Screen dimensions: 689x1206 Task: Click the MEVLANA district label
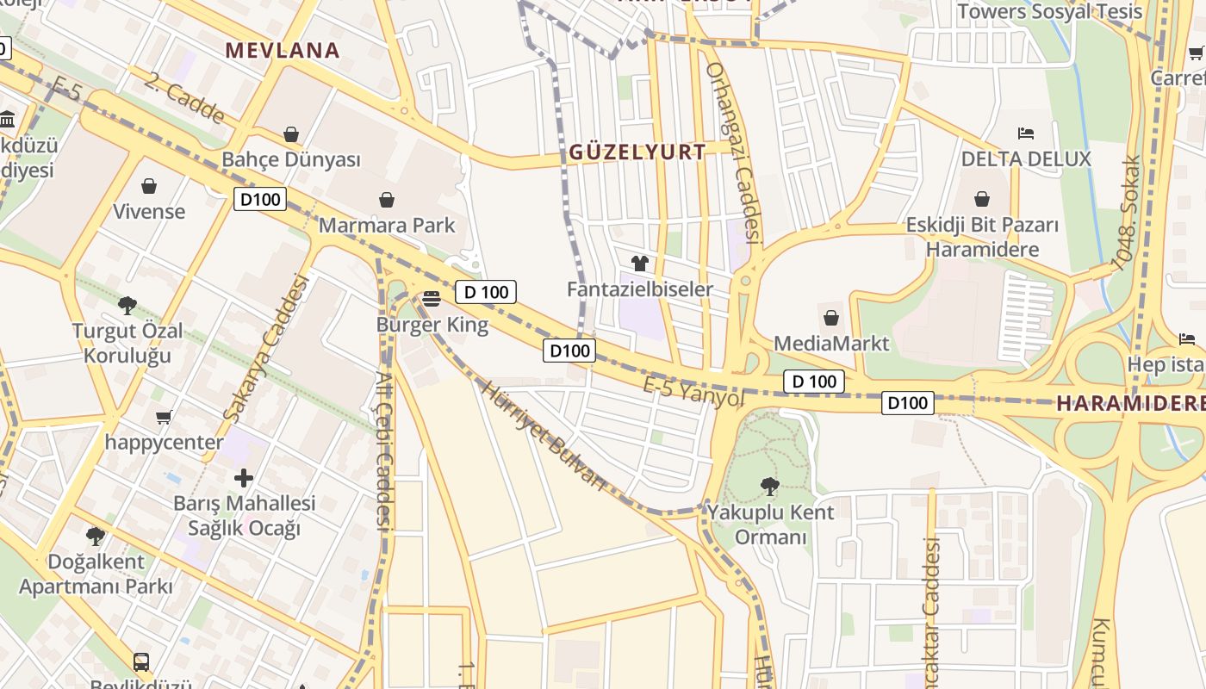click(x=283, y=50)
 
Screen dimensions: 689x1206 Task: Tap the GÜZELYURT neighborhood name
click(x=637, y=152)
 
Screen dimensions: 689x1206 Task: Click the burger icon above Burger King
click(x=432, y=299)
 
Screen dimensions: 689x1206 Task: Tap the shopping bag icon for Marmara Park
click(x=387, y=201)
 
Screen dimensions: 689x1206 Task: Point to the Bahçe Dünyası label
click(x=291, y=160)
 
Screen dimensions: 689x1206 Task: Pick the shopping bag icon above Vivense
click(x=149, y=186)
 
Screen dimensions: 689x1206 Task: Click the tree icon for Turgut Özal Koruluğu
click(x=127, y=305)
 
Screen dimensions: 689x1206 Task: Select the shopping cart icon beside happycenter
click(x=164, y=418)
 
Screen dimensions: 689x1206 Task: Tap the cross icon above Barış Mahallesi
click(x=244, y=477)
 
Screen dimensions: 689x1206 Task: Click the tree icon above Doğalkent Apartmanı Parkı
click(x=96, y=537)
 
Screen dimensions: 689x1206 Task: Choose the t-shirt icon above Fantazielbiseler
click(x=639, y=263)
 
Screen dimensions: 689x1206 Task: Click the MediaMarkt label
click(x=831, y=344)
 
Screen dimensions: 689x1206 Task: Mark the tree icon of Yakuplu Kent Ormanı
click(x=770, y=487)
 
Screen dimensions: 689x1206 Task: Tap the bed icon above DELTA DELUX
click(x=1025, y=133)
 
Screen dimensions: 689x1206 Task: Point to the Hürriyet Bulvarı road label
click(x=543, y=435)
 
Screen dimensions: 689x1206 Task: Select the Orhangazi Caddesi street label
click(x=734, y=152)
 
